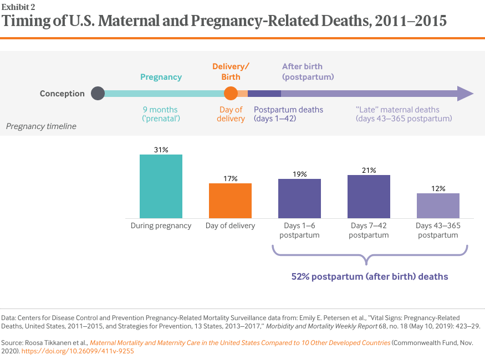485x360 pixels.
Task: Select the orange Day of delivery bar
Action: pos(230,200)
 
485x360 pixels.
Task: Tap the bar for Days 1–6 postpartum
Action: pos(299,198)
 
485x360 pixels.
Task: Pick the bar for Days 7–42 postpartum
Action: pos(369,196)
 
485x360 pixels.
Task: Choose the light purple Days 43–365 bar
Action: pos(438,205)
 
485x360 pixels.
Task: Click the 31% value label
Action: pos(161,150)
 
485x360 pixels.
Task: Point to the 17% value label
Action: pos(230,178)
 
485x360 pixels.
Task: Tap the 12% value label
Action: pos(438,188)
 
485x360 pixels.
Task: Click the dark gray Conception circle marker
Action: pos(98,94)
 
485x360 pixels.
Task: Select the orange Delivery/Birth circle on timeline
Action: pos(231,94)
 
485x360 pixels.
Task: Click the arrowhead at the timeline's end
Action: pos(465,94)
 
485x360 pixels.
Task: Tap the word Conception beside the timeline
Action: pos(62,94)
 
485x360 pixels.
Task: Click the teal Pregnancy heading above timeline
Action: pos(161,77)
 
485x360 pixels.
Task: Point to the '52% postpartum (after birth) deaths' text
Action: pos(370,276)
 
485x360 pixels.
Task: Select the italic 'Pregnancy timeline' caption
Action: pos(41,126)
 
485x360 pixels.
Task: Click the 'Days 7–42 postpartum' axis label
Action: pos(369,230)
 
